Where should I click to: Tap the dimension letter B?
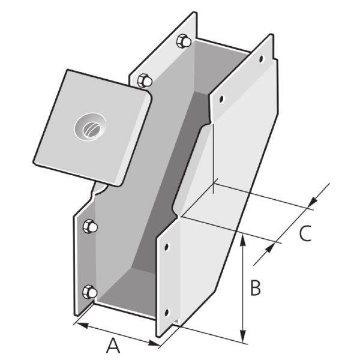(x=255, y=289)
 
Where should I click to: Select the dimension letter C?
(x=305, y=233)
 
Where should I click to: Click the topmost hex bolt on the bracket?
(x=184, y=42)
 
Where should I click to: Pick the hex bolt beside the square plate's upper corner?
(x=145, y=80)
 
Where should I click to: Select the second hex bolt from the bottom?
(x=89, y=227)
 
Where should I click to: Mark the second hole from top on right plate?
(x=221, y=98)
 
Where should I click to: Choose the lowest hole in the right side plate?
(x=167, y=311)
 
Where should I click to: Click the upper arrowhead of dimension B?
(x=243, y=237)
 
